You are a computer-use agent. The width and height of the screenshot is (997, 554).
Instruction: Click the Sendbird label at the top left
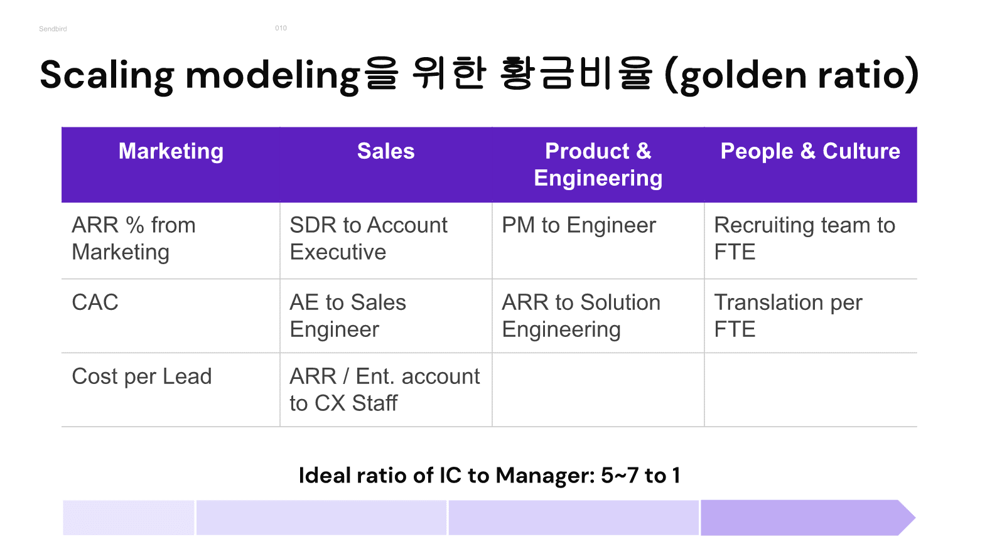[x=53, y=29]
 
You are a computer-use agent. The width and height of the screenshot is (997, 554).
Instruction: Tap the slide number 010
[x=281, y=28]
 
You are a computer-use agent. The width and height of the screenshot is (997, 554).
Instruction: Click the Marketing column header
[x=171, y=151]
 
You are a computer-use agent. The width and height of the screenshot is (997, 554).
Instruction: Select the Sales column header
[x=386, y=151]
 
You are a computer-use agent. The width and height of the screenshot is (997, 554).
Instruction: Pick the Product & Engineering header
[x=598, y=164]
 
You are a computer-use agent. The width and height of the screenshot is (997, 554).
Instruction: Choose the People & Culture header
[x=811, y=151]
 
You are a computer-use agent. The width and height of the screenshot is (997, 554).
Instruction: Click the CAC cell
[x=95, y=302]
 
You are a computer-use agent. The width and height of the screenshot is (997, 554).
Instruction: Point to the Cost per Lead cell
[x=141, y=376]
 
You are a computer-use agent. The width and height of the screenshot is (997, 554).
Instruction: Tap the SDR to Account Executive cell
[x=369, y=238]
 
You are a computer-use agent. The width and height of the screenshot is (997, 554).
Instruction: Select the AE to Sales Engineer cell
[x=348, y=316]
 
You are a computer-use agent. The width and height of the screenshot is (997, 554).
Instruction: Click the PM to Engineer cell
[x=579, y=225]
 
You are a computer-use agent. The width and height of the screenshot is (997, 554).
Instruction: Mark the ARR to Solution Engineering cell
[x=581, y=316]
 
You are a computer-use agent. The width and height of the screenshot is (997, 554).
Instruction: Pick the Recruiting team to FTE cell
[x=804, y=238]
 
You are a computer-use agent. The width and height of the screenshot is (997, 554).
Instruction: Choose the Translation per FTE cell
[x=789, y=316]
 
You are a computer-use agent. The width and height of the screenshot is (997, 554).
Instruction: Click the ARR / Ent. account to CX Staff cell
[x=385, y=390]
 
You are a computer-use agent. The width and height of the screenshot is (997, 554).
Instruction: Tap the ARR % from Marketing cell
[x=134, y=238]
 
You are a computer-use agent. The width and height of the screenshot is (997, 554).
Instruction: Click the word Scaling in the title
[x=107, y=75]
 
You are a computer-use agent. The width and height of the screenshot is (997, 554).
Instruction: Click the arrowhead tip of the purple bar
[x=915, y=518]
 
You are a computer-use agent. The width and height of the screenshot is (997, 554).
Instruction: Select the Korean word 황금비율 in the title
[x=576, y=74]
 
